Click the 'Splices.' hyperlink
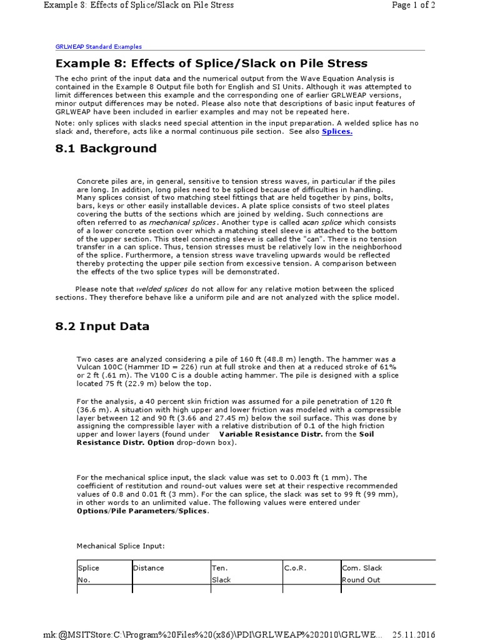point(337,132)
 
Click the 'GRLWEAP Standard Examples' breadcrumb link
point(99,46)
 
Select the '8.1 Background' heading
point(106,149)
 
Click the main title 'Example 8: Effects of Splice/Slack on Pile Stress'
point(211,63)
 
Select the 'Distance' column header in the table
point(149,568)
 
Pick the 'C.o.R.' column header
point(295,568)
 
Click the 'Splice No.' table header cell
point(88,574)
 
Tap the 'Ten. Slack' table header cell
point(221,574)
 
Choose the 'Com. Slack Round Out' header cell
point(362,574)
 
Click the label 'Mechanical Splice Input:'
point(121,546)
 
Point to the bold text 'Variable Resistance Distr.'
point(271,434)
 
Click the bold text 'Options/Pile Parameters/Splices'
point(142,511)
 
